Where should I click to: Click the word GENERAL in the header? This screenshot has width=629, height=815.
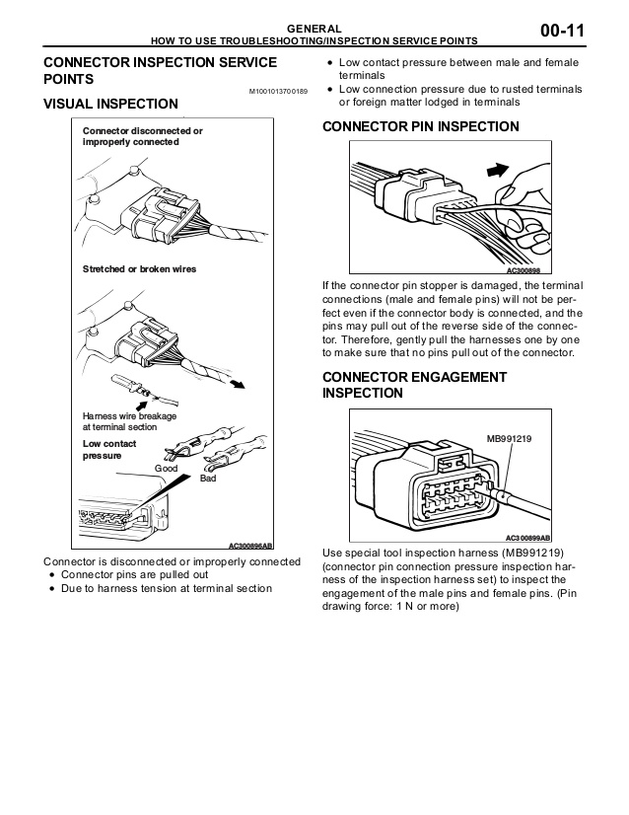(314, 28)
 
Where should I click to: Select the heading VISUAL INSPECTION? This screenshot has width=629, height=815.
(111, 104)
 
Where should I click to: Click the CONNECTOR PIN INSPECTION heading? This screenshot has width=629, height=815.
(421, 126)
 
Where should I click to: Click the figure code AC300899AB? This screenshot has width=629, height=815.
(527, 538)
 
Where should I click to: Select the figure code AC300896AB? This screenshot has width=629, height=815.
(250, 545)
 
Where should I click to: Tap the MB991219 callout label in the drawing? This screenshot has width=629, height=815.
(509, 436)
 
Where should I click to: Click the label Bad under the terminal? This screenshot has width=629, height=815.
(208, 479)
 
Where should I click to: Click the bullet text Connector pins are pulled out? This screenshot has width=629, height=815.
(134, 574)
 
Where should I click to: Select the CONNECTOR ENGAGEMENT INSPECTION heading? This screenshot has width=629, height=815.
(415, 385)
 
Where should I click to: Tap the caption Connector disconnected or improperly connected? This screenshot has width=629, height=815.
(142, 136)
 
